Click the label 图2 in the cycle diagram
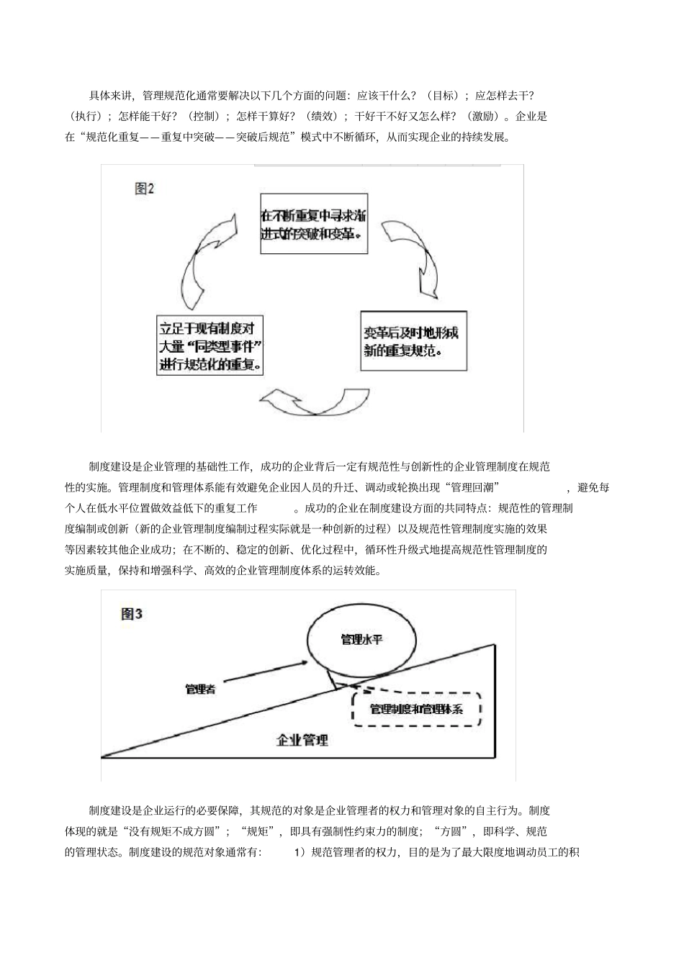point(145,189)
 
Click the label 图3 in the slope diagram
point(132,614)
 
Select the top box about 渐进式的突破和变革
point(313,224)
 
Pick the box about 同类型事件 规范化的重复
point(210,345)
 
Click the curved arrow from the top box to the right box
point(411,256)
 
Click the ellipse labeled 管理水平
point(361,638)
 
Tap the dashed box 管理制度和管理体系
point(416,709)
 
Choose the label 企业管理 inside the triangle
point(302,739)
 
